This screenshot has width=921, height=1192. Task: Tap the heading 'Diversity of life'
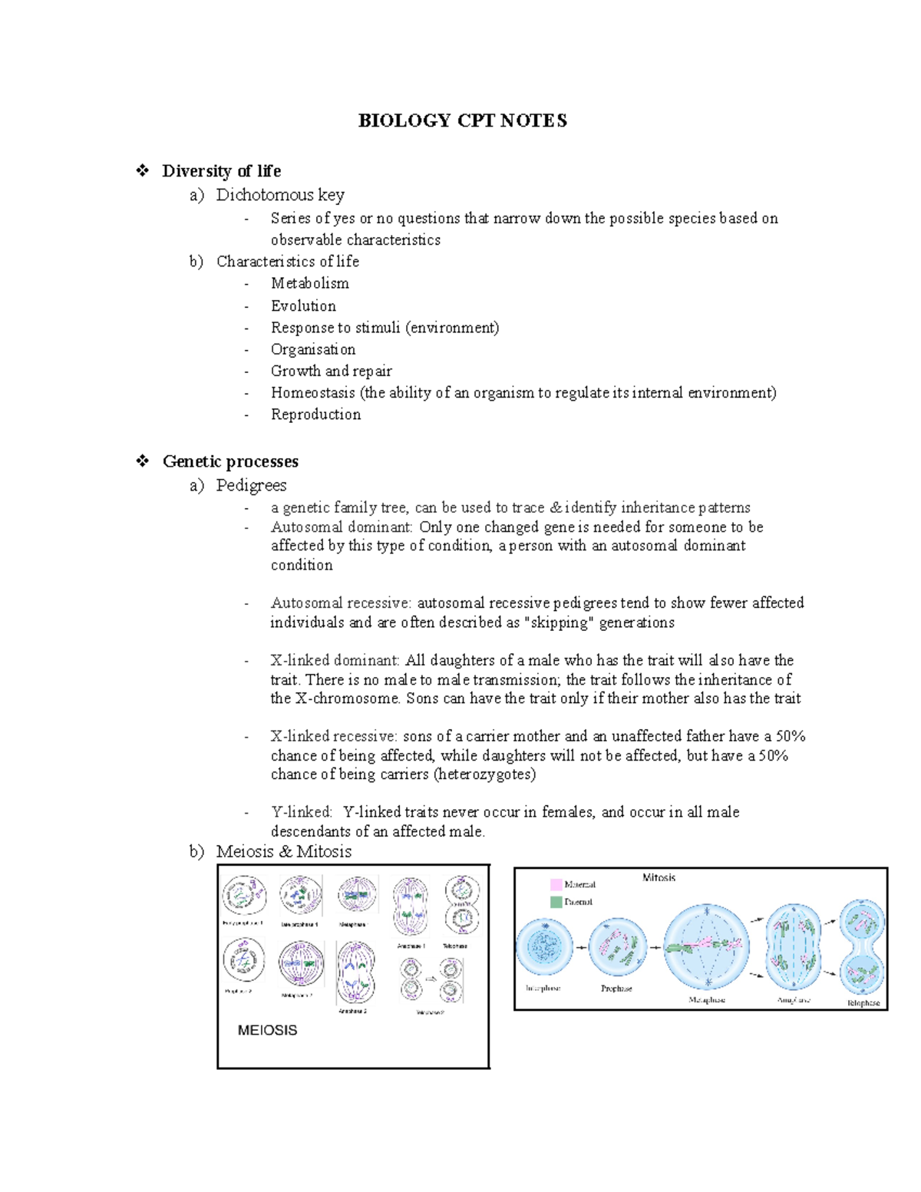221,170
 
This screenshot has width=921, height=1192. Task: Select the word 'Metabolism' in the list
309,283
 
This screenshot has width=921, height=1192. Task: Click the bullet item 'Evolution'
303,305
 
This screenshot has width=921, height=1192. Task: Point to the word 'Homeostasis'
312,392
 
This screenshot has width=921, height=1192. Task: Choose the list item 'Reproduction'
315,414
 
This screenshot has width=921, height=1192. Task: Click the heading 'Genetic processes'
230,461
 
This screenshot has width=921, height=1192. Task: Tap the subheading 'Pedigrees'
251,485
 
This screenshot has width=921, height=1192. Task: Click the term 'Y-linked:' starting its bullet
301,812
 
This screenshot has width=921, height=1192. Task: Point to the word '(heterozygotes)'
484,774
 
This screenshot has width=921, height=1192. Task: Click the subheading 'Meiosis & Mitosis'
283,851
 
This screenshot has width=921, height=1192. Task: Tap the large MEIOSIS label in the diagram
267,1030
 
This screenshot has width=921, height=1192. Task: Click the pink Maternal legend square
556,884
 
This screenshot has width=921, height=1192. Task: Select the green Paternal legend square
556,902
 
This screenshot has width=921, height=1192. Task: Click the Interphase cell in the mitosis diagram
544,948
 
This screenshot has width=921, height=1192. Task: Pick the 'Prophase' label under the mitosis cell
616,989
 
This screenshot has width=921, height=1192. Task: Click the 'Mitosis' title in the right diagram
659,877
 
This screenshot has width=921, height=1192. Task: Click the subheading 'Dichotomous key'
280,195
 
